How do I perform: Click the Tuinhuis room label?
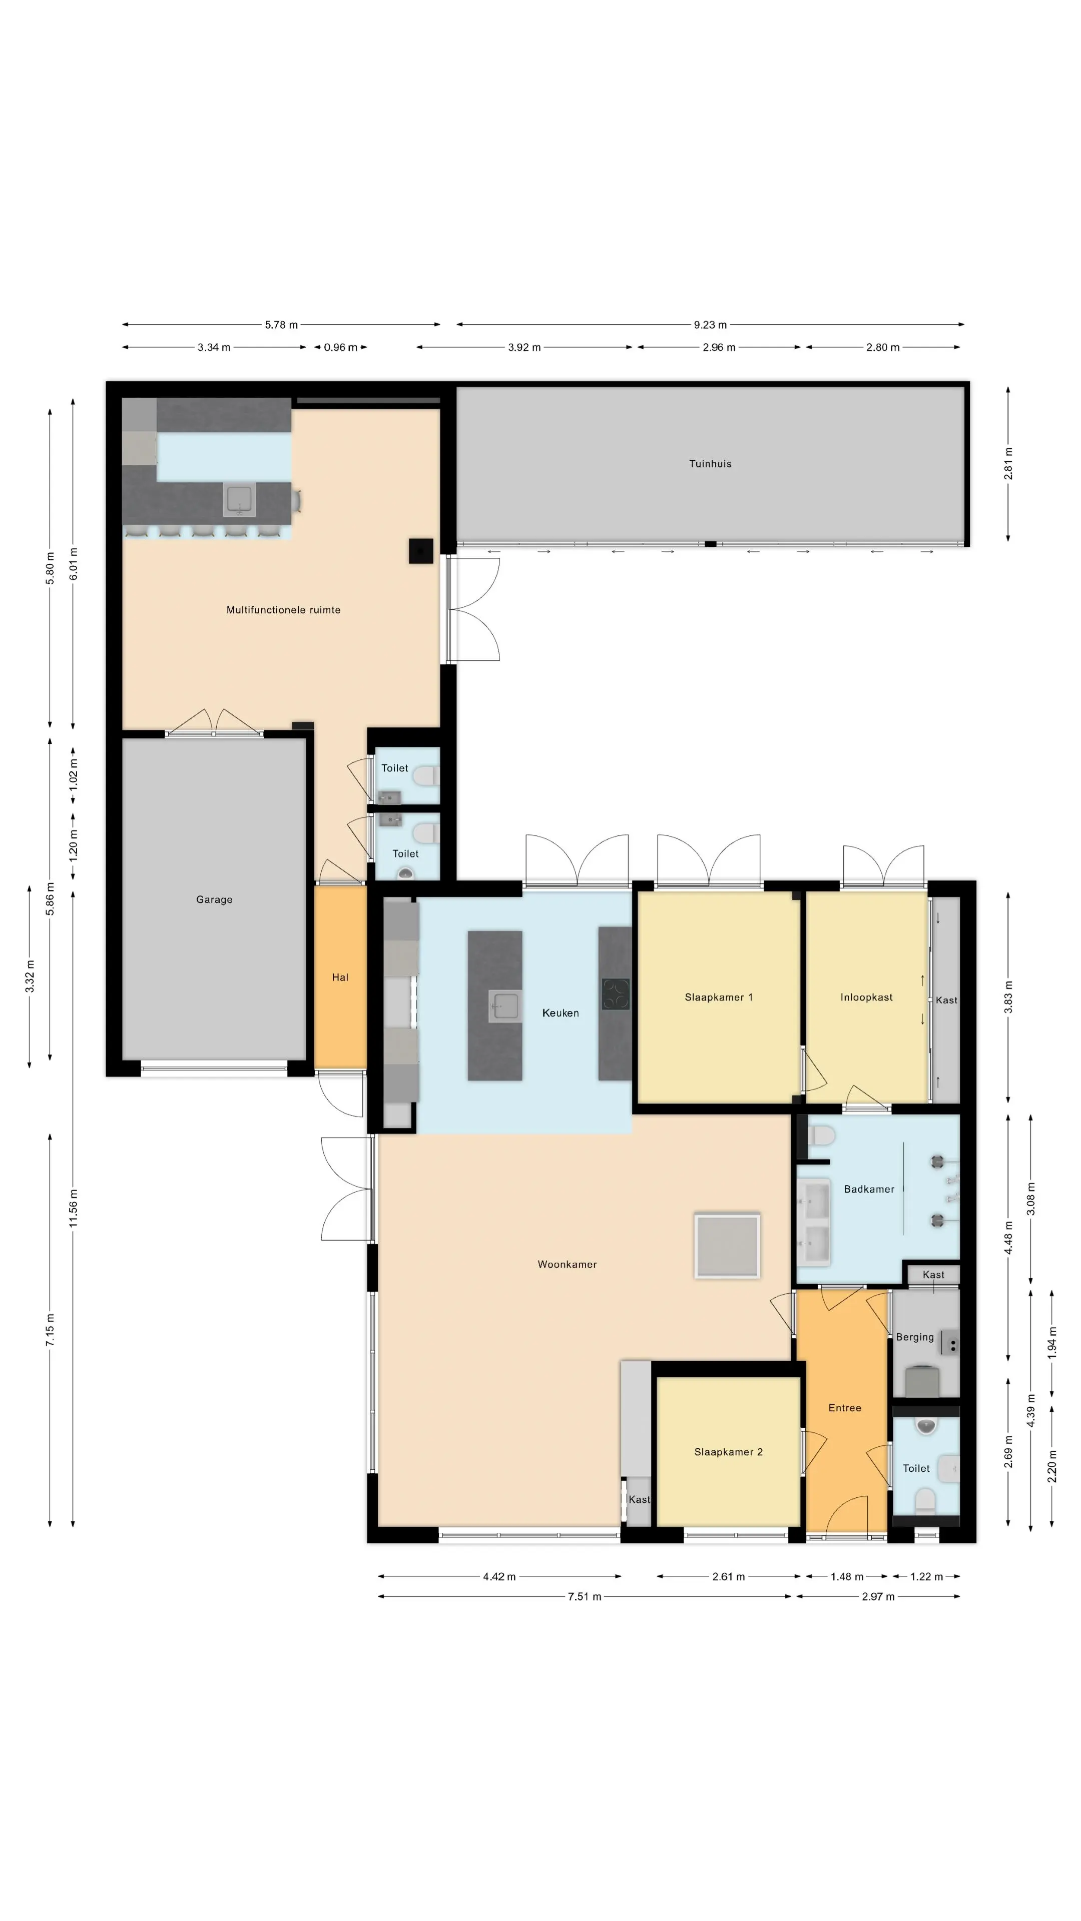pyautogui.click(x=710, y=464)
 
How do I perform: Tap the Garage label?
pyautogui.click(x=214, y=899)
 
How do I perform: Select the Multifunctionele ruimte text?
pyautogui.click(x=283, y=610)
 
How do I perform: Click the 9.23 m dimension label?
pyautogui.click(x=710, y=325)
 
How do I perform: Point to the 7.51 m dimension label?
pyautogui.click(x=584, y=1597)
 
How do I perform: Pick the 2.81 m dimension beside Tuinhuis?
pyautogui.click(x=1008, y=463)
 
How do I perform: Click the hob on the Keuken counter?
pyautogui.click(x=616, y=994)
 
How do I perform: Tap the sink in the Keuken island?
pyautogui.click(x=505, y=1006)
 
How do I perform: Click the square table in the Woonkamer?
pyautogui.click(x=727, y=1245)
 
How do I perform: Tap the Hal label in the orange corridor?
pyautogui.click(x=340, y=978)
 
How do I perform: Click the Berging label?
pyautogui.click(x=915, y=1337)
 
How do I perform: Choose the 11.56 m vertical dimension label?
pyautogui.click(x=73, y=1209)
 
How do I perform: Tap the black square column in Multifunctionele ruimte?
pyautogui.click(x=421, y=551)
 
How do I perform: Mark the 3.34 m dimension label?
pyautogui.click(x=214, y=348)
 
